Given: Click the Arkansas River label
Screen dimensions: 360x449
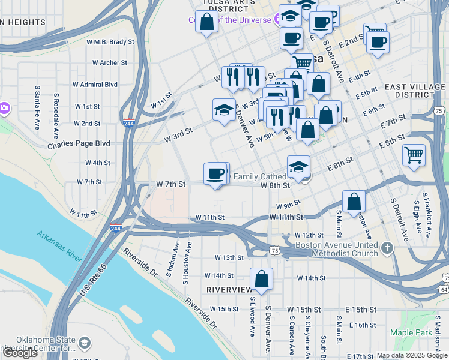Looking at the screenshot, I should [x=59, y=245].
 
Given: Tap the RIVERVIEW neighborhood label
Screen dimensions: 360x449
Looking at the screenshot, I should [x=229, y=289].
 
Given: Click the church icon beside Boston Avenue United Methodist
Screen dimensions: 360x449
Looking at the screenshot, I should [x=388, y=247].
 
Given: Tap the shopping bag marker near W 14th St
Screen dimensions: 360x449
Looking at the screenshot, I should [x=261, y=279].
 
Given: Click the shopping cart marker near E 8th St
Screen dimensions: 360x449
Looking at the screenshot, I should [x=414, y=155].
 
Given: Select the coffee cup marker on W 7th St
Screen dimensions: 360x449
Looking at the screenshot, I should [x=215, y=174].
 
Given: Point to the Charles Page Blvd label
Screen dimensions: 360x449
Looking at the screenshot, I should [x=79, y=144].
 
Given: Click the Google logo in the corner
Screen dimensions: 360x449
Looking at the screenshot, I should [x=20, y=352].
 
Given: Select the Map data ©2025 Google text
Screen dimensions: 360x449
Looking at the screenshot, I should [x=412, y=355].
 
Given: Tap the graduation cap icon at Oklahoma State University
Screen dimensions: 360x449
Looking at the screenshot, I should [x=85, y=343].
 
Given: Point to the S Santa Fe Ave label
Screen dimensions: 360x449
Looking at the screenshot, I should [x=37, y=107].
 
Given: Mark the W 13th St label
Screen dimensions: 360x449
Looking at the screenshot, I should [x=231, y=257].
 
